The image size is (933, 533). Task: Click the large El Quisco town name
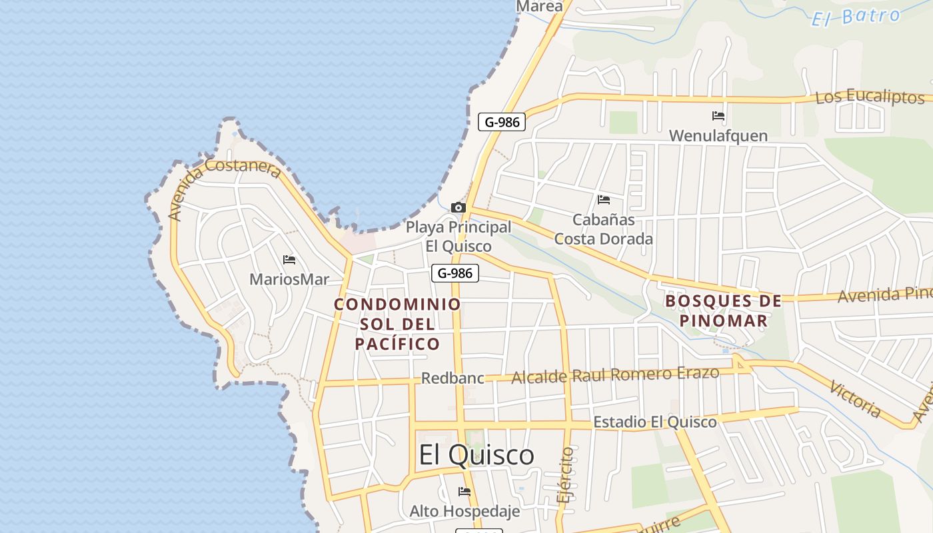point(476,455)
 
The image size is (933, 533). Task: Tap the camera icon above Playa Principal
point(459,208)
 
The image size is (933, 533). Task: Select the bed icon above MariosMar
point(289,260)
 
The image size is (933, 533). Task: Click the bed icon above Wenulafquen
point(718,116)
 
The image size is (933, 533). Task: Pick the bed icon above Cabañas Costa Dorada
point(604,200)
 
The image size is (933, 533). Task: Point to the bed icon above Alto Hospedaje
point(465,492)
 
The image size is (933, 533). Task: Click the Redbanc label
point(453,378)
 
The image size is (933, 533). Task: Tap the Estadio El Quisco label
point(654,422)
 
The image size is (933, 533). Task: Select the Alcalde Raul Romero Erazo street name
point(614,375)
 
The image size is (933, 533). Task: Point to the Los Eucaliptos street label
point(869,97)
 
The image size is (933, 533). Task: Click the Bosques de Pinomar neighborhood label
point(723,310)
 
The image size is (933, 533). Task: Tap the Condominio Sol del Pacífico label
point(397,324)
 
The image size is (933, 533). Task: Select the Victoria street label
point(855,399)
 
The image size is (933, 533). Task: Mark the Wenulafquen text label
point(718,136)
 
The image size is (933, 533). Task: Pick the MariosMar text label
point(289,279)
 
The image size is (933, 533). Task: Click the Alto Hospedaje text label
point(464,512)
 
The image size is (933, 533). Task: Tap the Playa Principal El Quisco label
point(459,236)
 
